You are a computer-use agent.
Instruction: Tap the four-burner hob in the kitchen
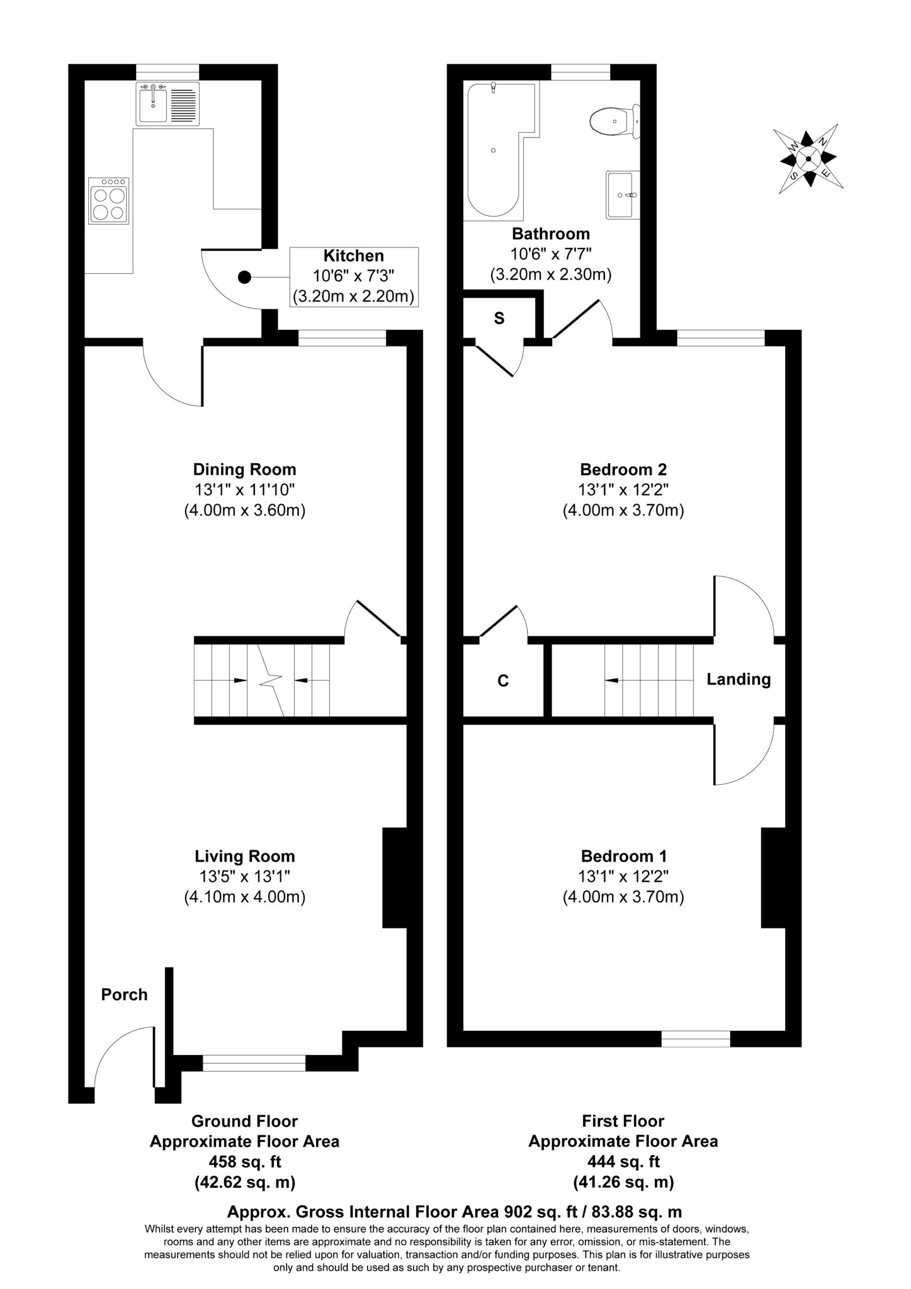pyautogui.click(x=109, y=201)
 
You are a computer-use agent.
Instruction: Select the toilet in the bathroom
pyautogui.click(x=615, y=121)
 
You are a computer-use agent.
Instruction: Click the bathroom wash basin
pyautogui.click(x=623, y=194)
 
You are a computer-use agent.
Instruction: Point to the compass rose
pyautogui.click(x=808, y=158)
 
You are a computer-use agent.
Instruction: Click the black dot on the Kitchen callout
pyautogui.click(x=244, y=277)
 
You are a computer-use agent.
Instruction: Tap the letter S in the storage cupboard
pyautogui.click(x=499, y=318)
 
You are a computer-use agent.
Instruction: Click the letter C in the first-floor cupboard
pyautogui.click(x=503, y=680)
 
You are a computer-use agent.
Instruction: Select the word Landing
pyautogui.click(x=738, y=680)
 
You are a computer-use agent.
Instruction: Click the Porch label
pyautogui.click(x=125, y=994)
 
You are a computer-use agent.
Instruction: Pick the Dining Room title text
pyautogui.click(x=244, y=470)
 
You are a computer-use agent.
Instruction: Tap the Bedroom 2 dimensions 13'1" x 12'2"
pyautogui.click(x=623, y=490)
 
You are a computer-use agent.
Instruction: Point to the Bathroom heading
pyautogui.click(x=551, y=234)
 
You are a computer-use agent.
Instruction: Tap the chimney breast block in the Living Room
pyautogui.click(x=395, y=878)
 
